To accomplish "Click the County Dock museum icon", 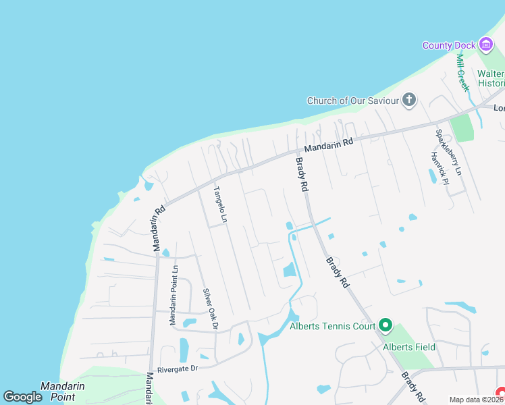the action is click(485, 45).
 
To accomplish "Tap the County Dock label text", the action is click(449, 45).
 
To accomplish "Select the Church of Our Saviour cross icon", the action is click(408, 101).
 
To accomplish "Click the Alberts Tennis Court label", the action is click(331, 327).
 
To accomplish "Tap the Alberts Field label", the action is click(409, 348).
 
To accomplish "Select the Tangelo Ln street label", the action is click(219, 205).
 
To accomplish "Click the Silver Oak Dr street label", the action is click(211, 309).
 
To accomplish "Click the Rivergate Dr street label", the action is click(177, 369).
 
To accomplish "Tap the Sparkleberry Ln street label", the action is click(448, 153).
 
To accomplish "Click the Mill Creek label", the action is click(462, 72).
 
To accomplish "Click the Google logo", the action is click(22, 397).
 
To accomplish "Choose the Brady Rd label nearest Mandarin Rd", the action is click(302, 173).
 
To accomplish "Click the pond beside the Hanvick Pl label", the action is click(432, 176).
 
